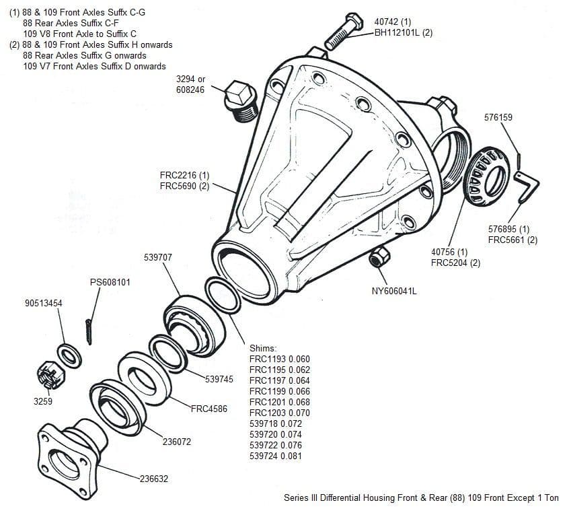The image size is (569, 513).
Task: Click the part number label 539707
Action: click(158, 258)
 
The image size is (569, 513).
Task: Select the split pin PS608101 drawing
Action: click(89, 329)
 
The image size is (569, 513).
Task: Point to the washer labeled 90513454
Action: click(71, 353)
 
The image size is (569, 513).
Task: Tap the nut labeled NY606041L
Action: click(380, 256)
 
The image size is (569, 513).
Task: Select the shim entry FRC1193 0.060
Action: click(279, 359)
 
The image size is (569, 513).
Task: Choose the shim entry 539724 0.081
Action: click(275, 456)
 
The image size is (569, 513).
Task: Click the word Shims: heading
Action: click(263, 348)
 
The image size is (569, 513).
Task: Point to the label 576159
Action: click(498, 117)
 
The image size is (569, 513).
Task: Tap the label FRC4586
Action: click(208, 409)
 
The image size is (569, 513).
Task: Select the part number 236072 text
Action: click(176, 442)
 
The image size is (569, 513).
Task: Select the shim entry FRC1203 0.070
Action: click(279, 413)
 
